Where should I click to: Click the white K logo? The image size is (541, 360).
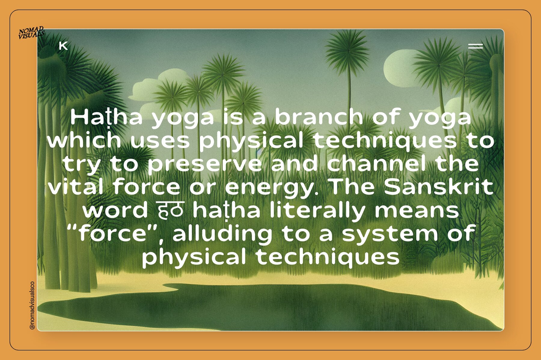[63, 46]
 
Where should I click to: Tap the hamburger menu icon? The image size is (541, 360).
[475, 46]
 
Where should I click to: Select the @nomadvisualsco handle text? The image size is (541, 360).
[32, 305]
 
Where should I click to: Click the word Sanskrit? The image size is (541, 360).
[439, 187]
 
